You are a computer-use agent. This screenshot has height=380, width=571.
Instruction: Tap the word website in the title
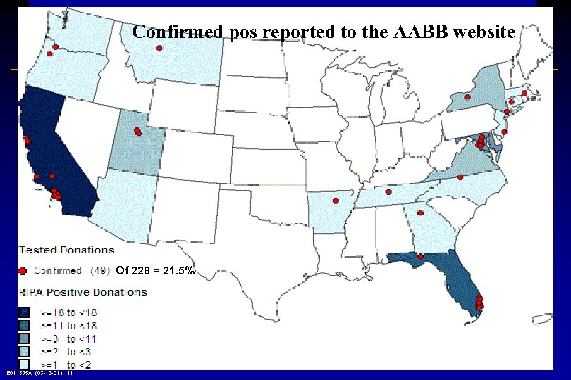pos(481,32)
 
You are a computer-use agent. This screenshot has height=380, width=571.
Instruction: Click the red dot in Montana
pos(159,48)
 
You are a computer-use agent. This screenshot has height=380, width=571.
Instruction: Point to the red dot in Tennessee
pos(388,191)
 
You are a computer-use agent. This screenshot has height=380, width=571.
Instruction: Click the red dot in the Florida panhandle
pos(420,256)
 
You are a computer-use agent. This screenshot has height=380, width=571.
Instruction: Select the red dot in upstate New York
pos(466,96)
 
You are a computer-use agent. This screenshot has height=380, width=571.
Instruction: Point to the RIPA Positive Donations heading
pos(82,292)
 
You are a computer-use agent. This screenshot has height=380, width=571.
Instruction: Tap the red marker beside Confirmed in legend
pos(23,270)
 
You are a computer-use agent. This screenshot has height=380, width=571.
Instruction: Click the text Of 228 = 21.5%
pos(154,270)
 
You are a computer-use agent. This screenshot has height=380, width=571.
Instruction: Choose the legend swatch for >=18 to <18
pos(25,312)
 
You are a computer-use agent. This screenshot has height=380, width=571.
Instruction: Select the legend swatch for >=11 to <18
pos(25,325)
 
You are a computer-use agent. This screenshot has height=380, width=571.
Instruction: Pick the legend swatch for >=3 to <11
pos(25,338)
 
